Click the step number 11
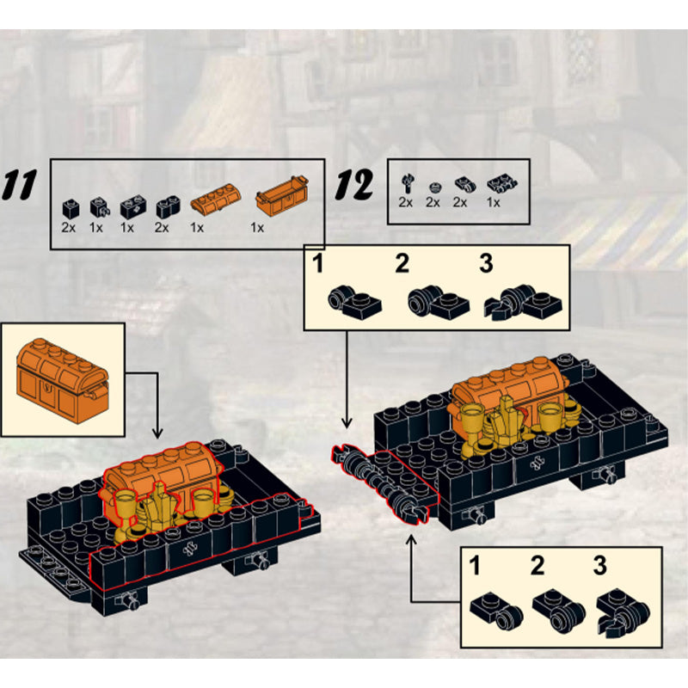pyautogui.click(x=19, y=185)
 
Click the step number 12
pyautogui.click(x=354, y=185)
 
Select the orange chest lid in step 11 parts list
pyautogui.click(x=216, y=199)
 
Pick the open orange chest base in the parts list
pyautogui.click(x=282, y=196)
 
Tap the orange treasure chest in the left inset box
pyautogui.click(x=62, y=380)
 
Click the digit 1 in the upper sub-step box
pyautogui.click(x=317, y=264)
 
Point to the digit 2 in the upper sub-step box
pyautogui.click(x=402, y=264)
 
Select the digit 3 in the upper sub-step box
pyautogui.click(x=486, y=264)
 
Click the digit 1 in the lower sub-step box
pyautogui.click(x=475, y=566)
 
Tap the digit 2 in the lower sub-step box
pyautogui.click(x=537, y=566)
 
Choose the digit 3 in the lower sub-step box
pyautogui.click(x=599, y=566)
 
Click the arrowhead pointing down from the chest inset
pyautogui.click(x=157, y=433)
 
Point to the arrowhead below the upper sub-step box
pyautogui.click(x=347, y=422)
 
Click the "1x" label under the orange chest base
pyautogui.click(x=257, y=228)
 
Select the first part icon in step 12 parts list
pyautogui.click(x=408, y=183)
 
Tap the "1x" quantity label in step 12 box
pyautogui.click(x=493, y=203)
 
